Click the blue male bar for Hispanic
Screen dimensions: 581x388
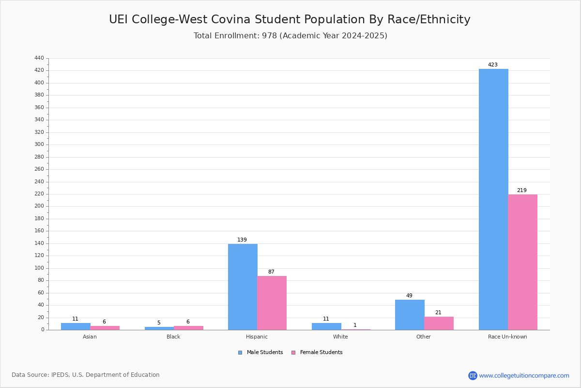click(x=243, y=287)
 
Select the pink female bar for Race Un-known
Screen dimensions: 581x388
click(x=522, y=262)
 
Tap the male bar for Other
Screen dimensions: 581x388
click(x=410, y=315)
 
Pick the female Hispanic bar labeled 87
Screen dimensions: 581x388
click(x=272, y=303)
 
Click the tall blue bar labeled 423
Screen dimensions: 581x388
click(x=493, y=199)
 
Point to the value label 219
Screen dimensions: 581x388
click(x=522, y=190)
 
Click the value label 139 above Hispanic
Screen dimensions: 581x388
click(x=242, y=240)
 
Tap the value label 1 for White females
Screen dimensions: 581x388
click(x=355, y=325)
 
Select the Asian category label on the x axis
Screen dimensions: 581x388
click(x=90, y=337)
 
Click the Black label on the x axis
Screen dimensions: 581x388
click(x=173, y=337)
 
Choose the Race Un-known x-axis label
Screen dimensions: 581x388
click(x=507, y=337)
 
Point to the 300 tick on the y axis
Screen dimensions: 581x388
click(x=39, y=145)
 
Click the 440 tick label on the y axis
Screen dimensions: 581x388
click(x=39, y=58)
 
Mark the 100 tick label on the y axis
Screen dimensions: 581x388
click(x=39, y=268)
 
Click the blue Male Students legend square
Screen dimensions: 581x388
click(x=240, y=353)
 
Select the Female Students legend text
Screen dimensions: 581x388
click(x=321, y=353)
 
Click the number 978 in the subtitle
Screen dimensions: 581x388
click(x=270, y=35)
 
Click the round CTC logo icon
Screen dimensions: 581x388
click(x=473, y=375)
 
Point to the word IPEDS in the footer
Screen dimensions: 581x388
click(x=60, y=375)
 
